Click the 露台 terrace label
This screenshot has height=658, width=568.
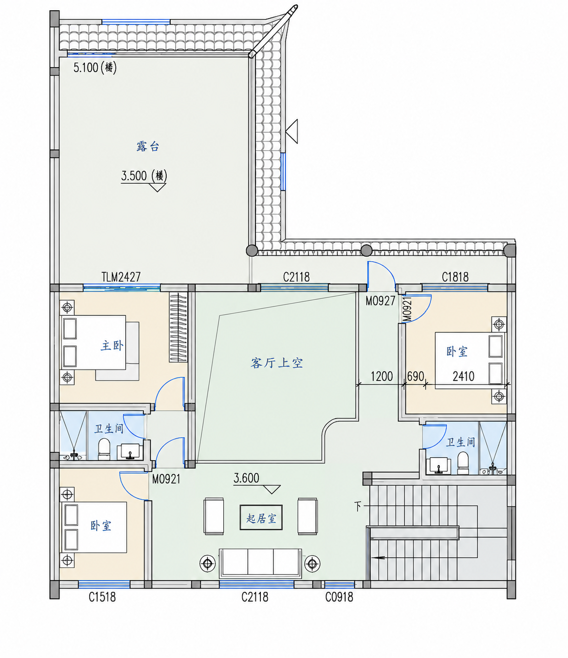(148, 147)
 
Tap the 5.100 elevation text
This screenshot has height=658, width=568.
(86, 67)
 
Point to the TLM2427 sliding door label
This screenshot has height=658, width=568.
(121, 277)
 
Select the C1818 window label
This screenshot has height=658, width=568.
(455, 277)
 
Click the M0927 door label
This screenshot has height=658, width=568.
(380, 301)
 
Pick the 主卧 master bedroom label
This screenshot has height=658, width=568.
(112, 346)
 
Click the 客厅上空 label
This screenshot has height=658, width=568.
(276, 363)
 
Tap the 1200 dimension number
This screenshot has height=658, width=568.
(381, 376)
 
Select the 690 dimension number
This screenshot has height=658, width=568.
(415, 376)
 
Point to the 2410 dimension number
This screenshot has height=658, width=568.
(464, 376)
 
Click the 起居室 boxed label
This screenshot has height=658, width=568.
(261, 519)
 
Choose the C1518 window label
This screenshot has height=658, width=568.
(102, 597)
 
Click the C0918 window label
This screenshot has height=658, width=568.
(339, 597)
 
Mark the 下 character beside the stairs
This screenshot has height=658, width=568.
(358, 506)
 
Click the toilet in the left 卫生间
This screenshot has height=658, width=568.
(104, 449)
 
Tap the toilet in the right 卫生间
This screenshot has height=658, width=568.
(463, 464)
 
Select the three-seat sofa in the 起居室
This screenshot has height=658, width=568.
(260, 563)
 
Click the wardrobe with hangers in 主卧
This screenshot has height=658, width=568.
(178, 327)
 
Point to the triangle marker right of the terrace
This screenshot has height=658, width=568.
(292, 131)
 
